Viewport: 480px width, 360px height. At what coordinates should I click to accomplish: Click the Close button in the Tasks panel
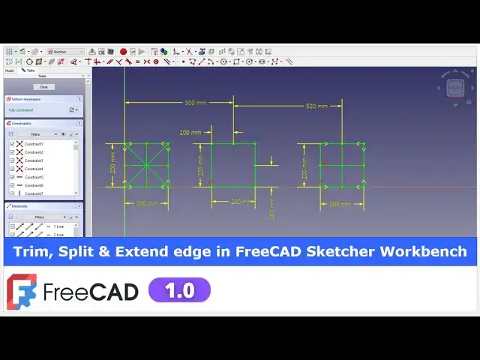click(43, 87)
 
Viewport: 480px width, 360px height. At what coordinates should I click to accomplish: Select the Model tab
click(10, 70)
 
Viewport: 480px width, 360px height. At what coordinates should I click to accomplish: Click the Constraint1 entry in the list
click(34, 144)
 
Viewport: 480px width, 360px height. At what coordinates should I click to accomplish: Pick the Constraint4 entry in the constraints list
click(34, 169)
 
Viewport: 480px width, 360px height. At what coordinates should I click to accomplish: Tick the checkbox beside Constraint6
click(12, 185)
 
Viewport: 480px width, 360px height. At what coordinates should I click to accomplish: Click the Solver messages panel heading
click(27, 99)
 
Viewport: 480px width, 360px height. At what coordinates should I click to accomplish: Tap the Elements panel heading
click(20, 205)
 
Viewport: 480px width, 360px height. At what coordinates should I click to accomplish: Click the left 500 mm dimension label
click(196, 103)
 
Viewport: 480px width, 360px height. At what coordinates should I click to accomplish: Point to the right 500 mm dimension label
click(316, 106)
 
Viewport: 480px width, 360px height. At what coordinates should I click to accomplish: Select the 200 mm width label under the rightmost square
click(340, 204)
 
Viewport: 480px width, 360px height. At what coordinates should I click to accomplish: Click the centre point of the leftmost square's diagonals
click(146, 166)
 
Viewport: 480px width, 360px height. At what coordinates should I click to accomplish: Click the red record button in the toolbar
click(123, 52)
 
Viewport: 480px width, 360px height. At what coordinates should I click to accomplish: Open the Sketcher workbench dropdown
click(66, 52)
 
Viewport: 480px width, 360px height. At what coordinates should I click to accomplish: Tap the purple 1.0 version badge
click(179, 290)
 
